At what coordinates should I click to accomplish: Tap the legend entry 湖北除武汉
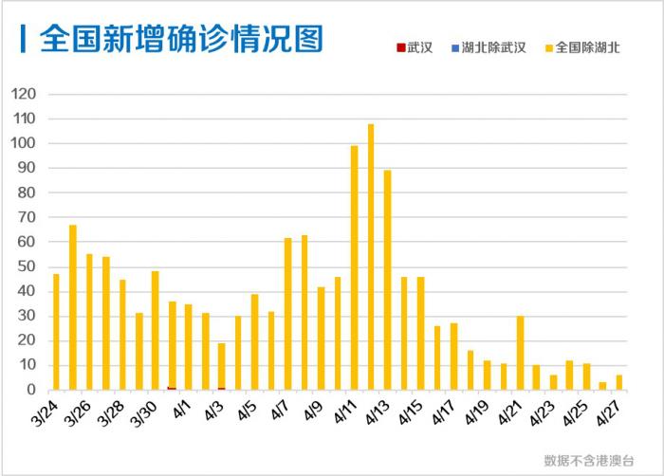pos(488,46)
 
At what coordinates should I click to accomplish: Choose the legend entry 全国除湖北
pos(581,46)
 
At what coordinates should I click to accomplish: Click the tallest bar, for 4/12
pos(371,256)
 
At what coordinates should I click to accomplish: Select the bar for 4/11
pos(354,267)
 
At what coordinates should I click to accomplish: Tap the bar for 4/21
pos(520,353)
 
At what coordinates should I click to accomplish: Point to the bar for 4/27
pos(619,382)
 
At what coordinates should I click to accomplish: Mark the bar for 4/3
pos(221,366)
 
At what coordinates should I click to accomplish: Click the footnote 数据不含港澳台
pos(589,460)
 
